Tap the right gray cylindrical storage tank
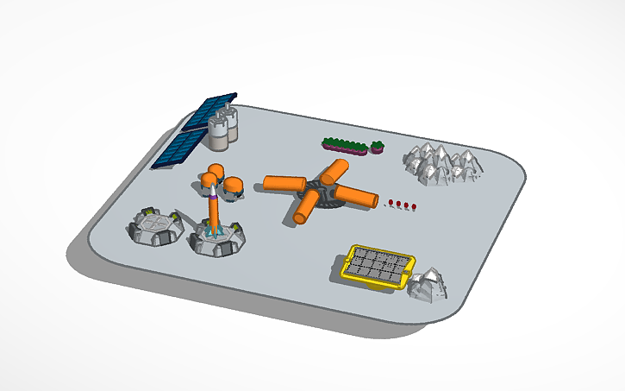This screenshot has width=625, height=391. click(x=231, y=126)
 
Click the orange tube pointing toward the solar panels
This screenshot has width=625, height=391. click(x=285, y=183)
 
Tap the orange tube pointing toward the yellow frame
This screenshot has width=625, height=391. click(x=307, y=207)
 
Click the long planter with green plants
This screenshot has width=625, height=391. click(x=345, y=144)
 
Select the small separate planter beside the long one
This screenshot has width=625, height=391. click(x=377, y=148)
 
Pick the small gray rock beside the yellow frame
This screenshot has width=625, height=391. click(x=427, y=285)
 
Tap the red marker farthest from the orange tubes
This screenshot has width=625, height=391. click(x=416, y=206)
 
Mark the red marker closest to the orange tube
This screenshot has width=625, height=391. click(x=391, y=202)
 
